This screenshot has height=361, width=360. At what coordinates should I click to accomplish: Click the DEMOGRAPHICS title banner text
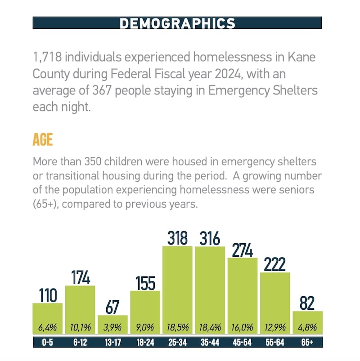pos(177,23)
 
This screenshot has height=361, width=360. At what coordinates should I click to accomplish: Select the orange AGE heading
pos(43,140)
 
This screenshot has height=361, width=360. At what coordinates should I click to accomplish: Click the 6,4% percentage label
pos(47,327)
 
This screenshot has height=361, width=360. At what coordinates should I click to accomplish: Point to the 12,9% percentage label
pos(275,327)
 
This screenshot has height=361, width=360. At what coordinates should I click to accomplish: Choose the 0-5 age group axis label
pos(47,343)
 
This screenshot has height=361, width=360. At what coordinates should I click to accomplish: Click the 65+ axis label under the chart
pos(307,343)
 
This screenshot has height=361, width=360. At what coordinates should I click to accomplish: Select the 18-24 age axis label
pos(145,343)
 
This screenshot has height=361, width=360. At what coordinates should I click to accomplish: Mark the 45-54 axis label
pos(243,343)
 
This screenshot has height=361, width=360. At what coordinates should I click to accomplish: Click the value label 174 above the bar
pos(80,277)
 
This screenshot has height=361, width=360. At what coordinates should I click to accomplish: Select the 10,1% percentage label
pos(80,327)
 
